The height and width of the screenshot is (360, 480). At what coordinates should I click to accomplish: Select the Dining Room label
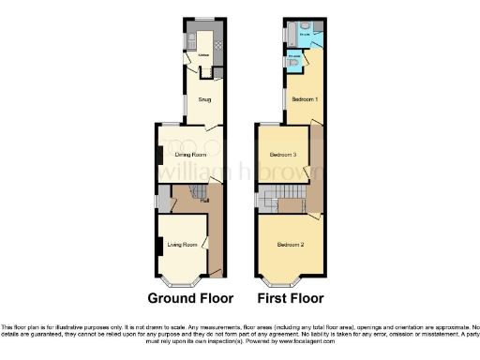tap(189, 153)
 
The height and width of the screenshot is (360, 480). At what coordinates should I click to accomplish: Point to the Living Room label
tap(182, 246)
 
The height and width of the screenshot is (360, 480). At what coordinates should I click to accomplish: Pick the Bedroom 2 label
tap(289, 246)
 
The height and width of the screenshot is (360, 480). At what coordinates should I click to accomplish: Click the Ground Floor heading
tap(190, 299)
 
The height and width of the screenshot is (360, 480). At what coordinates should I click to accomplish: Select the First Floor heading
tap(291, 299)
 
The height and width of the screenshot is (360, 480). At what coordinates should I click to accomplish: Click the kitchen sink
tap(190, 40)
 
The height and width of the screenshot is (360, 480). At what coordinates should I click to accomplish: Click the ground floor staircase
tap(195, 194)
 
